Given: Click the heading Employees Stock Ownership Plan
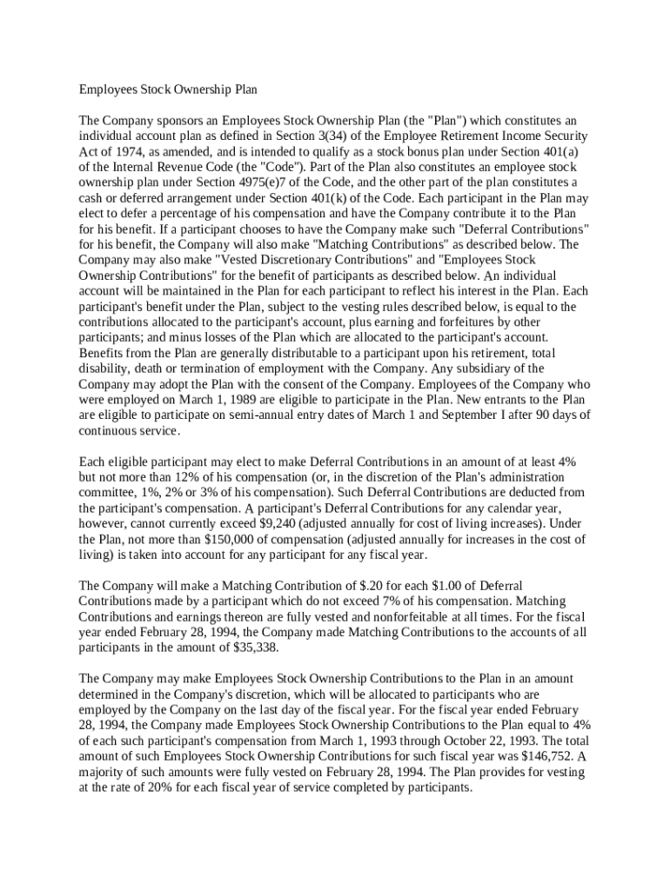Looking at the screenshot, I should coord(169,89).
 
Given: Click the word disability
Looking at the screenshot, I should coord(104,369).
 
